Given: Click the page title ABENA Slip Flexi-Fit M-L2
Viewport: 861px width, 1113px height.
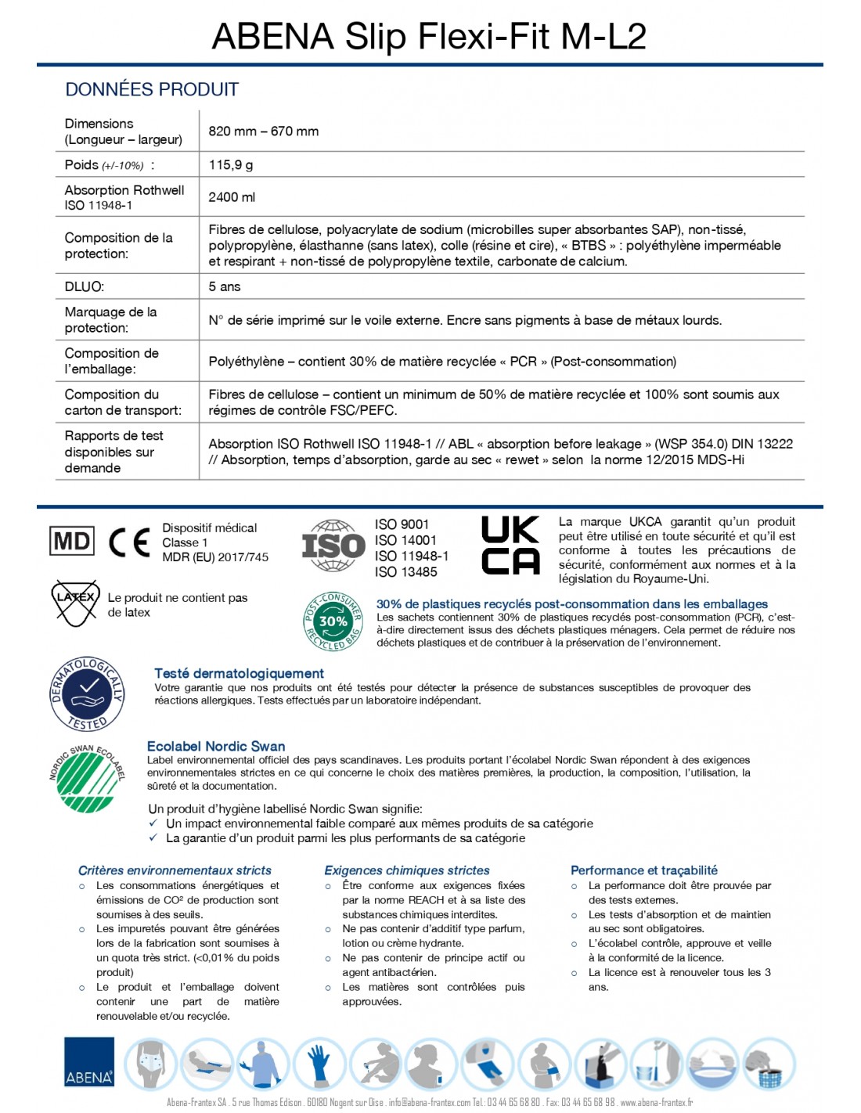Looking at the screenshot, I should tap(429, 36).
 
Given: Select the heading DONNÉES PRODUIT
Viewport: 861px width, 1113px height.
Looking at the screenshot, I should tap(152, 89).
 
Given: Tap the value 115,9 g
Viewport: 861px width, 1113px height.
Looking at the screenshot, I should tap(230, 164).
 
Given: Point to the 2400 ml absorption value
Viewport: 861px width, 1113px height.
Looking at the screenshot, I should tap(232, 197).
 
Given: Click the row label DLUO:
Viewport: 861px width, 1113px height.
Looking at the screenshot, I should tap(84, 286).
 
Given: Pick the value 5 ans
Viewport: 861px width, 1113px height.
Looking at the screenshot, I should tap(224, 286).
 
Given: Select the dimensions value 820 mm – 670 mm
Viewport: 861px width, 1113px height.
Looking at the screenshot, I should tap(263, 131).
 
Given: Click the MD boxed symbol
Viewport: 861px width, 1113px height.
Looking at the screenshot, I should tap(72, 541).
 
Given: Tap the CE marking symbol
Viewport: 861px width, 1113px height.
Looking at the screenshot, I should tap(129, 542).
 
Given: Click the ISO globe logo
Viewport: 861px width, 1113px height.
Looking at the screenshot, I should tap(333, 545).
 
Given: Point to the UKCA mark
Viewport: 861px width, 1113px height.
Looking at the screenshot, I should tap(510, 545).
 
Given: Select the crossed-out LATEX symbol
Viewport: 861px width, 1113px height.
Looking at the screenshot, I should tap(75, 602).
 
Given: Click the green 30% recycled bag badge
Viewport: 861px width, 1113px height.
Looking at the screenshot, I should tap(333, 621).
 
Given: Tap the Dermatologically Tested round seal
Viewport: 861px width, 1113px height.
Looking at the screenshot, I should tap(87, 693).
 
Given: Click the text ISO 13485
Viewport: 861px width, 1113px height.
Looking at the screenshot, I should tap(405, 572).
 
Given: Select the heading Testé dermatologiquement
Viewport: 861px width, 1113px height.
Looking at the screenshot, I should tap(239, 673).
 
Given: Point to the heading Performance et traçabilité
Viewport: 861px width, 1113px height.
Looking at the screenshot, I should tap(643, 870).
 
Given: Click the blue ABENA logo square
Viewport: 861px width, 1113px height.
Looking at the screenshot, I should tap(89, 1062).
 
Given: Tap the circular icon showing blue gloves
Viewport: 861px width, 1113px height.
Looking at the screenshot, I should tap(319, 1063).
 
